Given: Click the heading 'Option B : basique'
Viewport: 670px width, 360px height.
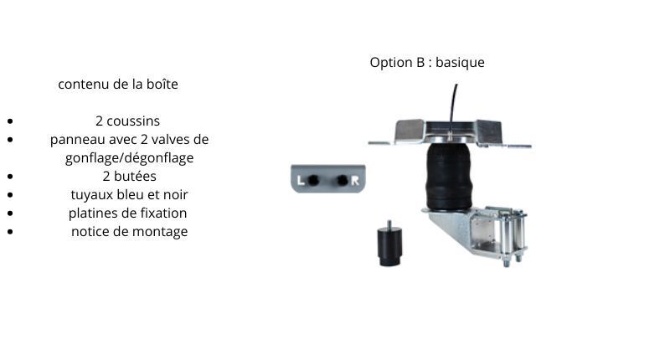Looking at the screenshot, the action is click(427, 62).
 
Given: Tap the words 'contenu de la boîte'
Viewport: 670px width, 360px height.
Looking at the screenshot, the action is click(118, 84).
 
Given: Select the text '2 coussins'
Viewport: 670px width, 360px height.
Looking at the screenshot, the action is click(128, 121).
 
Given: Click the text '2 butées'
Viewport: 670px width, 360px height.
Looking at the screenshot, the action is click(130, 176).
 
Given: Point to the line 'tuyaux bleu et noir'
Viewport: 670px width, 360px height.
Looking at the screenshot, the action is click(130, 194).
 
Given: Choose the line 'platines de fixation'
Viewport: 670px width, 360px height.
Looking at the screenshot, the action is click(128, 213).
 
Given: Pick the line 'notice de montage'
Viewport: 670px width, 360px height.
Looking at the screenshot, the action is click(130, 231).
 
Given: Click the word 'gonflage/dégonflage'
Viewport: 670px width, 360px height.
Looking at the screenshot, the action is click(130, 158).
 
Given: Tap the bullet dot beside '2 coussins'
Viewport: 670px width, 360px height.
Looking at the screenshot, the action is click(10, 121).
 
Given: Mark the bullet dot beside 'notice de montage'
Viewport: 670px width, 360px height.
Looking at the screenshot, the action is click(10, 231).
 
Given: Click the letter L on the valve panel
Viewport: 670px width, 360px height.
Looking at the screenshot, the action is click(301, 181).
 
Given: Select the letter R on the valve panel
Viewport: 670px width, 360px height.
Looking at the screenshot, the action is click(355, 181).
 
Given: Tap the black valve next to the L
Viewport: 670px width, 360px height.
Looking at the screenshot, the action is click(313, 180).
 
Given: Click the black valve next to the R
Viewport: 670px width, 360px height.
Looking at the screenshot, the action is click(343, 180).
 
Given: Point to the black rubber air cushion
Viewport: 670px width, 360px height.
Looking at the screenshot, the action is click(449, 177).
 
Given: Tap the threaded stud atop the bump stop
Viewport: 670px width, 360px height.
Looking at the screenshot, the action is click(389, 224).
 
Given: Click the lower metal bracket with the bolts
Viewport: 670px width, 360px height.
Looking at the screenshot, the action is click(483, 233).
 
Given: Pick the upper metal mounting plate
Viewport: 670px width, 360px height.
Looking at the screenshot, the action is click(450, 133).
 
